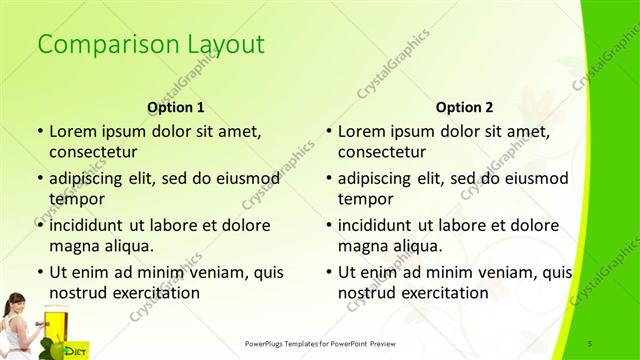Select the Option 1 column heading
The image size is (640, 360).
tap(176, 107)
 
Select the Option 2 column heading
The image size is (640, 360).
tap(464, 107)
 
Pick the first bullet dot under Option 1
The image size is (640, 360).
tap(39, 131)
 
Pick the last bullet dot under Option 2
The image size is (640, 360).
tap(328, 272)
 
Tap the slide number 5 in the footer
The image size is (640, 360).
tap(592, 343)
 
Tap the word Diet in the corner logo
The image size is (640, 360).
tap(74, 350)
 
